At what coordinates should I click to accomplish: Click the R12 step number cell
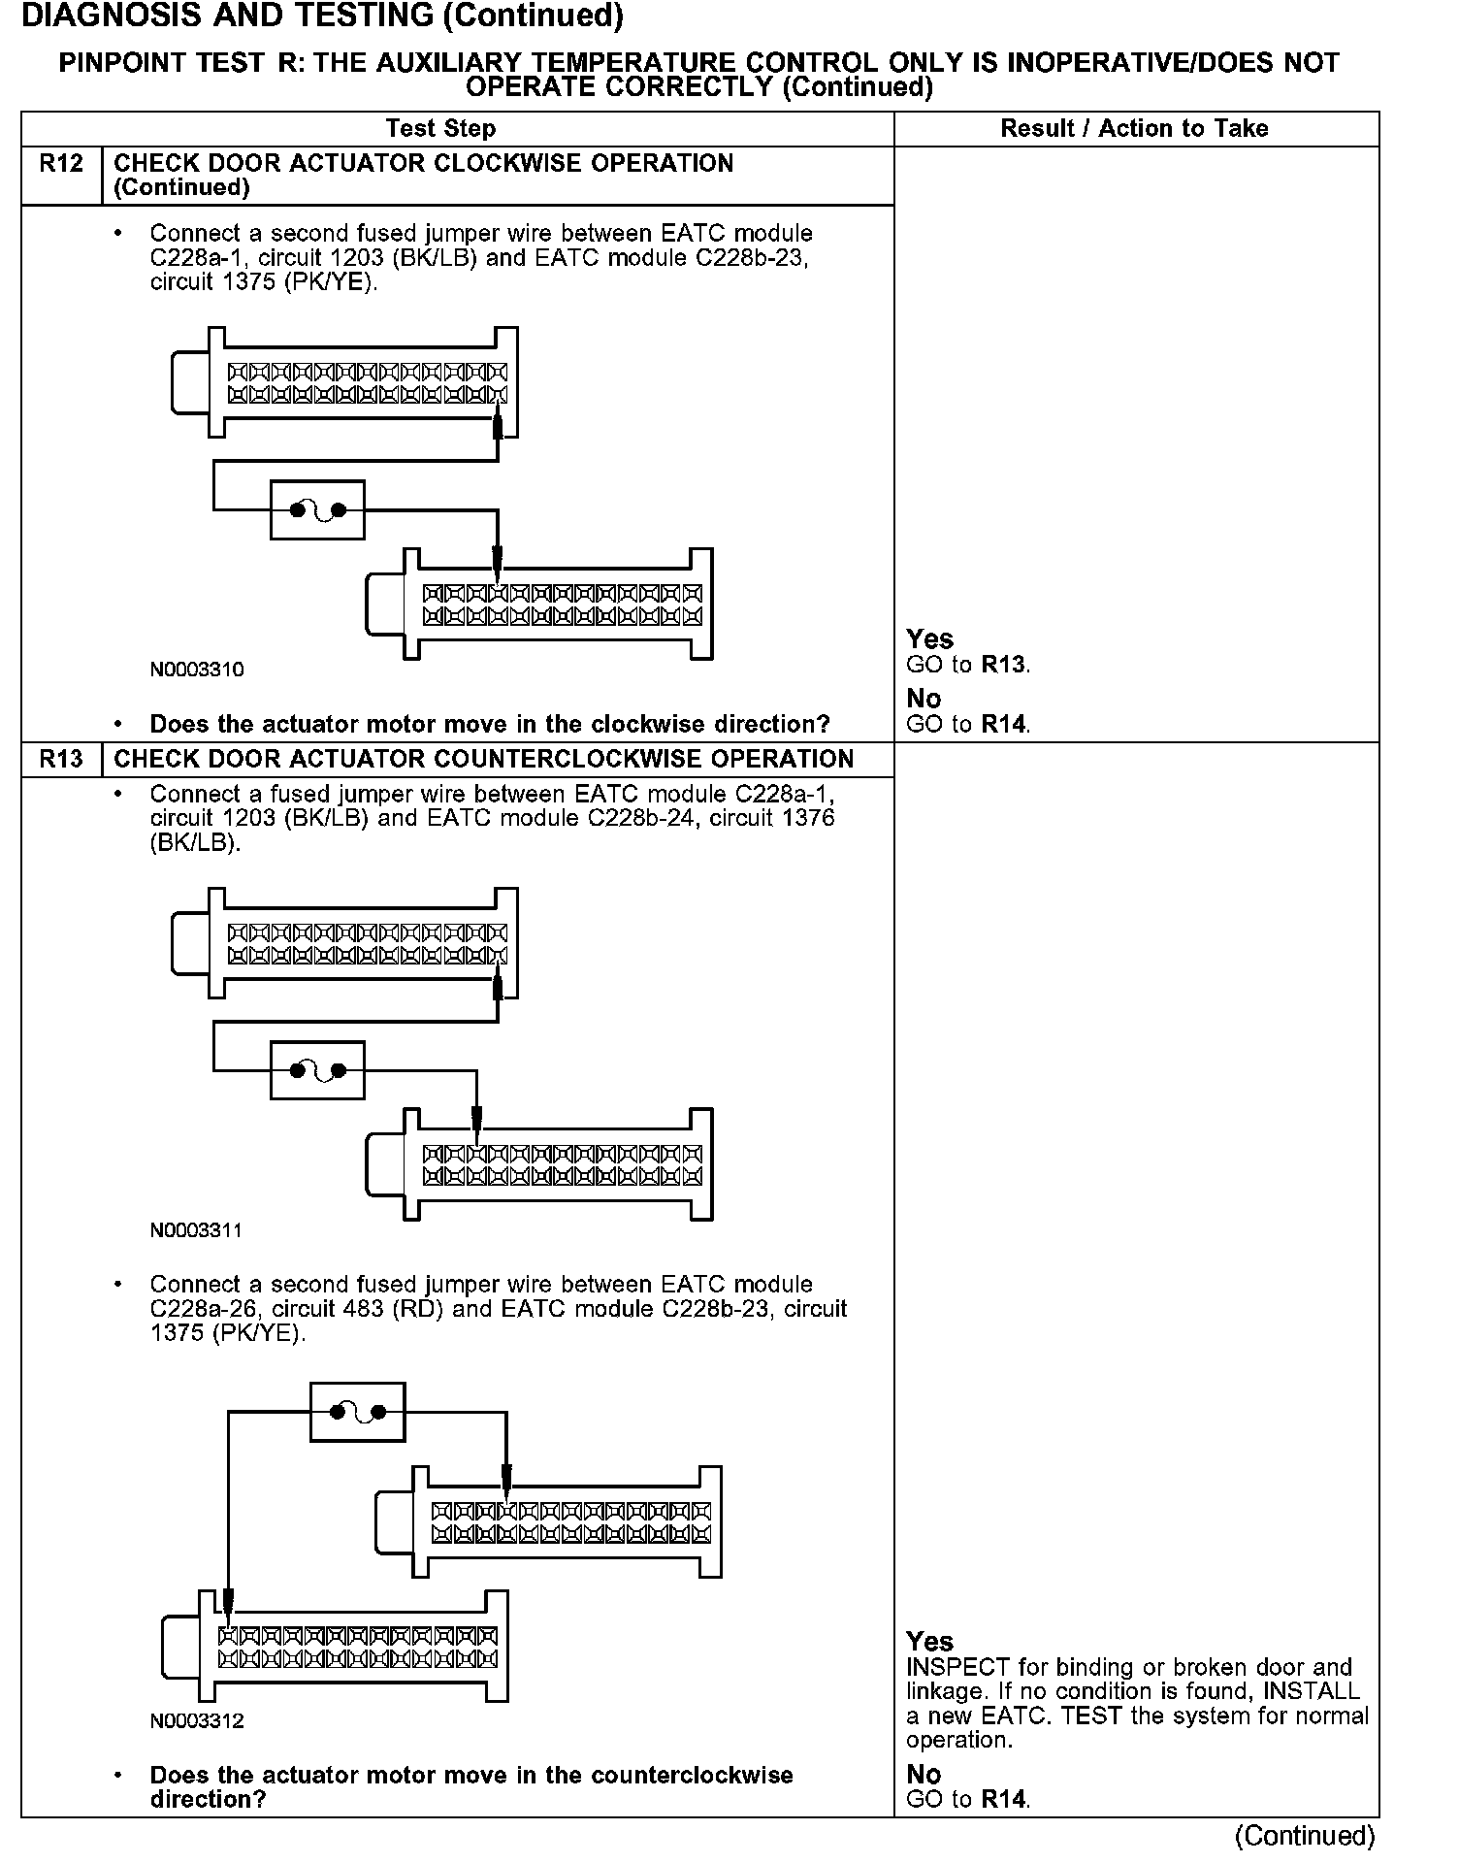(x=61, y=164)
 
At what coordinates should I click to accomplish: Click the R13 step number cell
(x=61, y=759)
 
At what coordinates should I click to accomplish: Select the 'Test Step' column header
(x=440, y=128)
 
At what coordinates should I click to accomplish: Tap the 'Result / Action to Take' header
(x=1134, y=128)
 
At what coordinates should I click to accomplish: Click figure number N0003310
(x=197, y=670)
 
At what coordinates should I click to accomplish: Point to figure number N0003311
(x=197, y=1230)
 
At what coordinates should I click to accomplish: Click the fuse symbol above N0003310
(x=317, y=509)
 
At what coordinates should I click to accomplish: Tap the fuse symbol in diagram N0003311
(x=317, y=1070)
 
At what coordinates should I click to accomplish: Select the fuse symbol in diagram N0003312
(x=357, y=1412)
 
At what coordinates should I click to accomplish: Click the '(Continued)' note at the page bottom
(x=1304, y=1836)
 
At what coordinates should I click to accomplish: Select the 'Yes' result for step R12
(x=929, y=639)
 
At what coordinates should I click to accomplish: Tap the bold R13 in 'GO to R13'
(x=1003, y=665)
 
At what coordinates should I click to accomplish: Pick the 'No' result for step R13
(x=924, y=1774)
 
